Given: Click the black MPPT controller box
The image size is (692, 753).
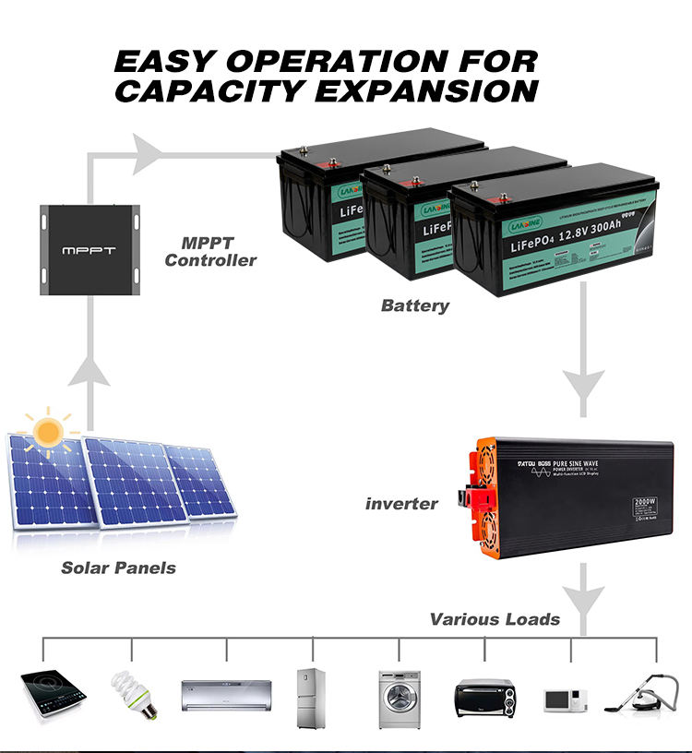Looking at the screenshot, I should (89, 249).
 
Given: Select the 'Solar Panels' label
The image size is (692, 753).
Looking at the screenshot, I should (118, 568).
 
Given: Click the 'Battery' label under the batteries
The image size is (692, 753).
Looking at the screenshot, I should (414, 305).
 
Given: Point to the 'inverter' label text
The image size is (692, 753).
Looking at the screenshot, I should (401, 503).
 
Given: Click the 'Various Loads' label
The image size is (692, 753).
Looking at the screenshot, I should (495, 618).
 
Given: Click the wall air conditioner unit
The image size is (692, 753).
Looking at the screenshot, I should (226, 691).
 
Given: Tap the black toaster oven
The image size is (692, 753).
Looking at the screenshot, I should (484, 694).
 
